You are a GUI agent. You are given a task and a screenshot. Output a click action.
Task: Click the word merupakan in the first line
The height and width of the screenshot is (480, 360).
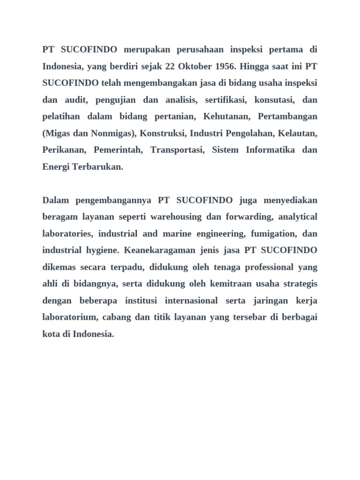[x=146, y=50]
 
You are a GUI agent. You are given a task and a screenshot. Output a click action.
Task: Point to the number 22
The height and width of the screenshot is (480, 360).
[x=170, y=66]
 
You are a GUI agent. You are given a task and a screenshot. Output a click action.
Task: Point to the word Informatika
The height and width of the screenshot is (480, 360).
[x=270, y=150]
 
